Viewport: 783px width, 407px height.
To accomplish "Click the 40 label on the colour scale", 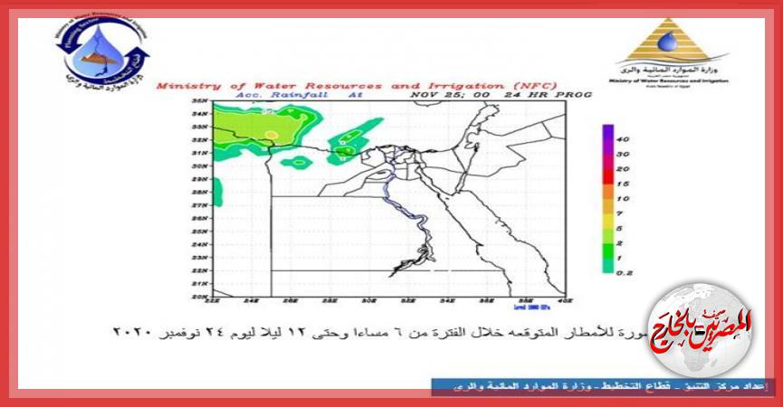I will point(623,140).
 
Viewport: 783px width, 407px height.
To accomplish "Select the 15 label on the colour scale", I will point(623,184).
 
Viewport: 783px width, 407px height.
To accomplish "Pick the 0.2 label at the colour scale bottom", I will point(624,270).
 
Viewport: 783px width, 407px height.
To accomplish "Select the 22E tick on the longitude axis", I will point(214,302).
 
